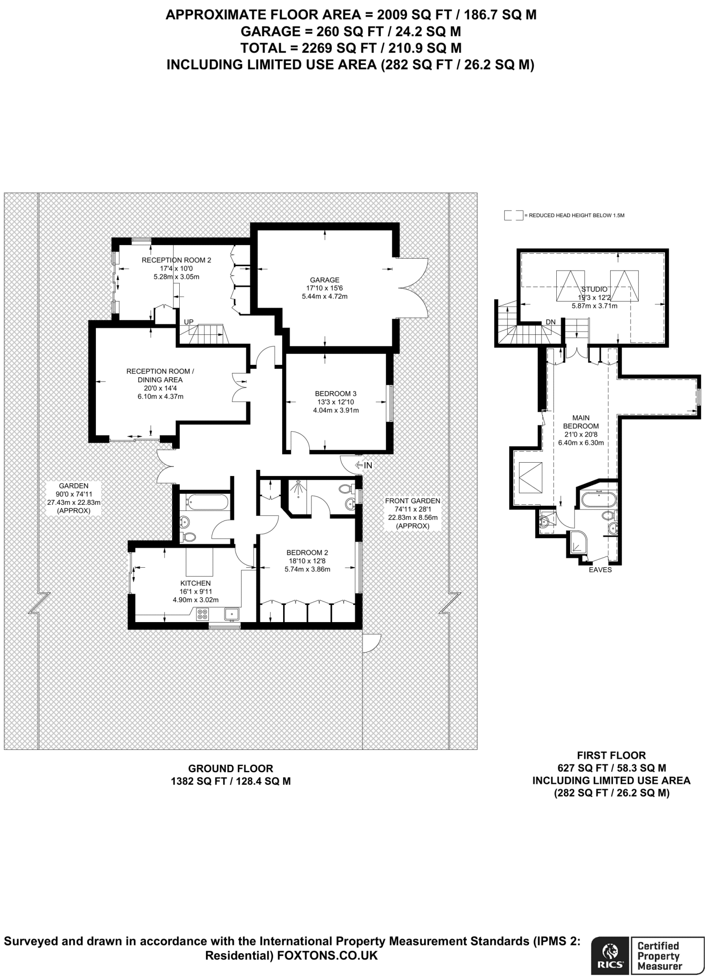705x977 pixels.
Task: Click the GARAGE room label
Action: click(325, 280)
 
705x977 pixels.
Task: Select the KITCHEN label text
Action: click(195, 583)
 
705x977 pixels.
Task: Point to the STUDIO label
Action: click(594, 289)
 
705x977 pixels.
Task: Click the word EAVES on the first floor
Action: click(600, 570)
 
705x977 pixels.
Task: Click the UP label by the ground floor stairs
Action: click(189, 322)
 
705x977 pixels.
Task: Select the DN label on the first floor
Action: click(551, 322)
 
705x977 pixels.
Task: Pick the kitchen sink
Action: click(232, 613)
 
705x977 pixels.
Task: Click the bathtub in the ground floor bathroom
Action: click(207, 501)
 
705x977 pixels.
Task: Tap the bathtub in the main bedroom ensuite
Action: click(599, 500)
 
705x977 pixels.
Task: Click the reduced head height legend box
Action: click(513, 215)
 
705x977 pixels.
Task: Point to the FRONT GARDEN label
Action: click(412, 501)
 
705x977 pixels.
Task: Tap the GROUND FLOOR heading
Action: click(231, 769)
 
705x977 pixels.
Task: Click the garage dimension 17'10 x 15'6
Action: click(325, 288)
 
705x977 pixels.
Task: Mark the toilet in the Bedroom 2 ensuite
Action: click(346, 489)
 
